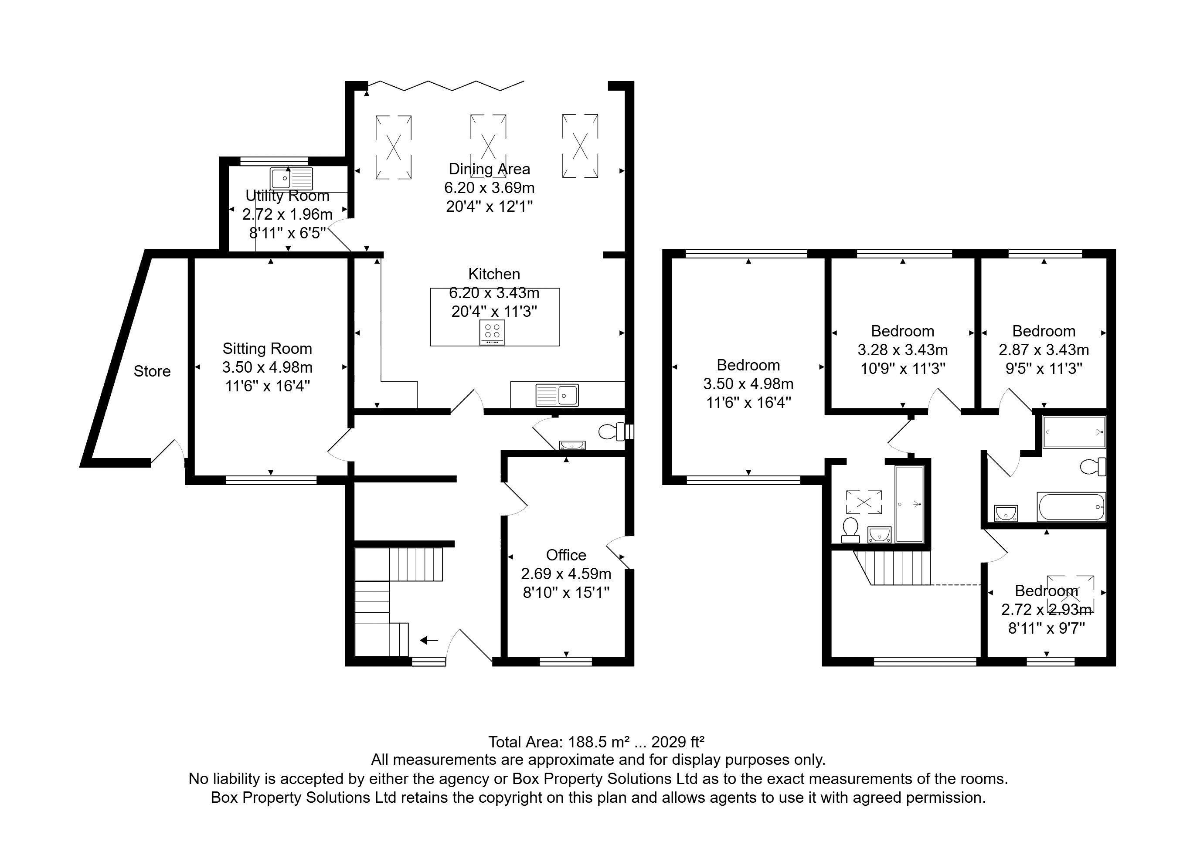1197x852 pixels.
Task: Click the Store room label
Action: point(152,371)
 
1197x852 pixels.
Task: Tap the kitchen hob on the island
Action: point(492,333)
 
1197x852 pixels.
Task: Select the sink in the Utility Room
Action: point(291,178)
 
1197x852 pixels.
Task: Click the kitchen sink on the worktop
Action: point(557,395)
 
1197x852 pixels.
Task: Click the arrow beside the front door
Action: point(429,640)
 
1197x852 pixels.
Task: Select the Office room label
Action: point(566,555)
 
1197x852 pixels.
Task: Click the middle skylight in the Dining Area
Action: point(489,145)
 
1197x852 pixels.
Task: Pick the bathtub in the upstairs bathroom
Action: point(1071,507)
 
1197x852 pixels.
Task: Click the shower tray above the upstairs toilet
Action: point(1074,432)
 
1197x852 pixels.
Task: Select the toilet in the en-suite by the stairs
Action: point(850,530)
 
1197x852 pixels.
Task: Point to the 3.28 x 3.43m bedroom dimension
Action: point(903,350)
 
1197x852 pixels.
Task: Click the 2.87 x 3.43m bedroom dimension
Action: point(1043,350)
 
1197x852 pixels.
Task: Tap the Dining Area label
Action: point(489,170)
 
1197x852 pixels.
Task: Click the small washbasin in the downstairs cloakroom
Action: point(572,445)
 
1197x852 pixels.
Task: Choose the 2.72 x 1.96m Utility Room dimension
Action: point(287,214)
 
